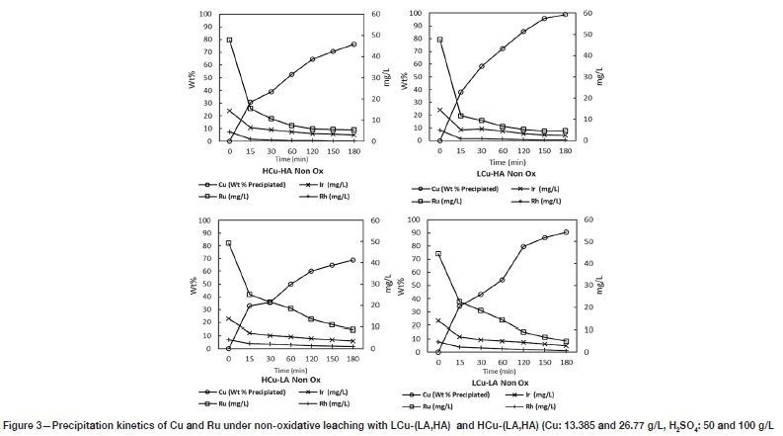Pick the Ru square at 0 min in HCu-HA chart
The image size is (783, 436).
click(229, 41)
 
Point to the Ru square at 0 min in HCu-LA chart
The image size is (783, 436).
click(229, 243)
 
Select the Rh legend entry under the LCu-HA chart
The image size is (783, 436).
click(538, 201)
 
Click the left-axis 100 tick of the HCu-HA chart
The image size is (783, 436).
click(206, 15)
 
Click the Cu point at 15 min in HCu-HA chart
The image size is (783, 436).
click(250, 103)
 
